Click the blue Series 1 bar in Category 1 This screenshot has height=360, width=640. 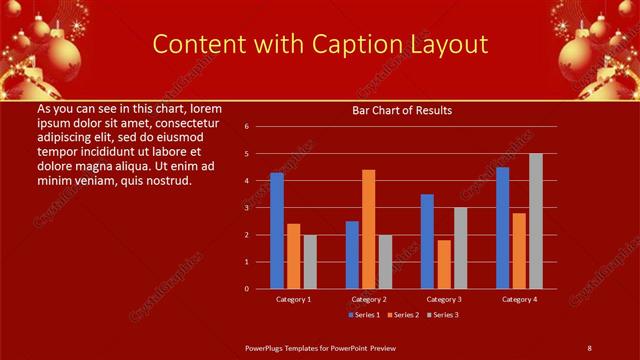[x=277, y=231]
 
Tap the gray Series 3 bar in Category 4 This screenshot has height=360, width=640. [x=535, y=221]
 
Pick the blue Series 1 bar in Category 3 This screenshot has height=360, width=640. [x=427, y=241]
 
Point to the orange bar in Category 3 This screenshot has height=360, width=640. [x=444, y=264]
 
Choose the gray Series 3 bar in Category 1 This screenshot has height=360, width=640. [x=310, y=262]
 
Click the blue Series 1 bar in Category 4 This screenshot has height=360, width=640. [x=502, y=228]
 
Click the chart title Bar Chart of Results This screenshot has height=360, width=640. [x=402, y=110]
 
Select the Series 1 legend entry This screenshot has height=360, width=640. [x=364, y=315]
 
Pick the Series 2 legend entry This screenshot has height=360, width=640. [x=402, y=315]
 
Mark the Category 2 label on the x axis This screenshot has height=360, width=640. [x=369, y=299]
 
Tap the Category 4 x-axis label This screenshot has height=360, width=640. [x=519, y=299]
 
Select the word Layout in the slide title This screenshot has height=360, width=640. [x=447, y=44]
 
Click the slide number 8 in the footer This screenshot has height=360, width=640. [x=589, y=347]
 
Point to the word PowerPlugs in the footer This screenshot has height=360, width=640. [x=268, y=347]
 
